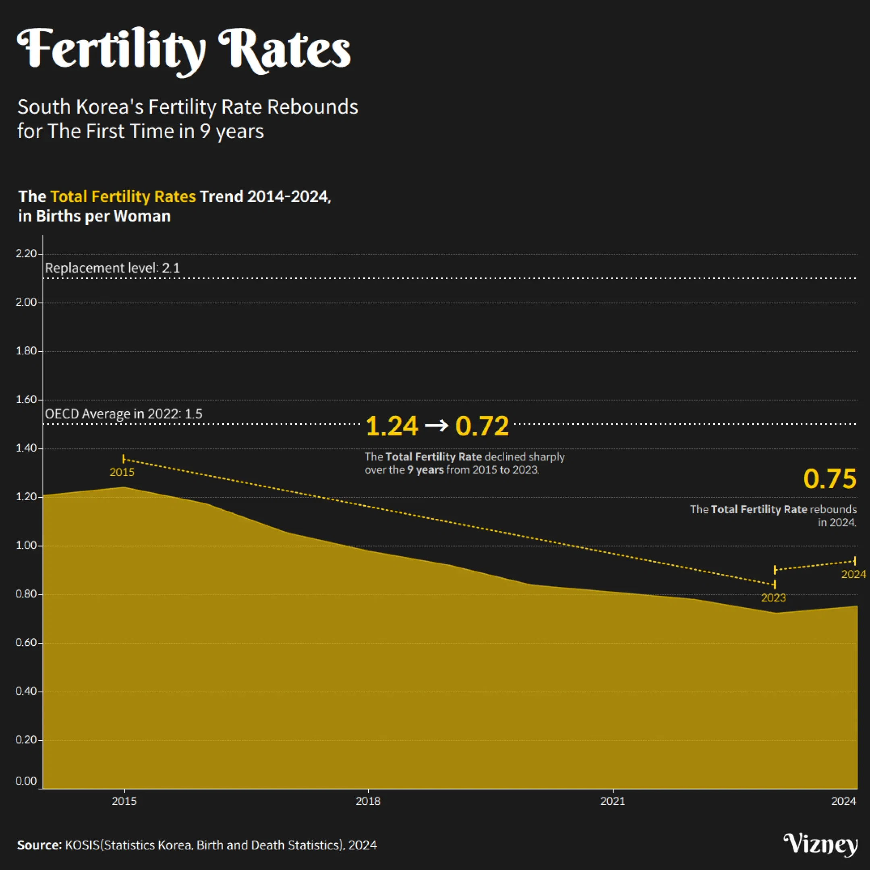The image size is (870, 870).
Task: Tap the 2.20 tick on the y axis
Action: (x=26, y=253)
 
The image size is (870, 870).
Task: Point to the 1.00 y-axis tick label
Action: (x=26, y=545)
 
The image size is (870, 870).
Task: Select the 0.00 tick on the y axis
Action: (x=26, y=781)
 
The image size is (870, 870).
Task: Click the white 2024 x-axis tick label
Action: (x=843, y=801)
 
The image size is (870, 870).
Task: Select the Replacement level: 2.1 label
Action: (x=113, y=268)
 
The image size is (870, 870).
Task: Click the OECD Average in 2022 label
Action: (x=124, y=414)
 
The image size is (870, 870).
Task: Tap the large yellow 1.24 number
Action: (x=392, y=426)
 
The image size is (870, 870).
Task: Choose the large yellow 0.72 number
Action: (x=482, y=426)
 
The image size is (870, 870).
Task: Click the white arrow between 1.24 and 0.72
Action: (x=437, y=425)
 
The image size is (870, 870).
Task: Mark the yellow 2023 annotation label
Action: (x=773, y=598)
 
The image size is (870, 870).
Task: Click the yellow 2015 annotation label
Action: (x=122, y=472)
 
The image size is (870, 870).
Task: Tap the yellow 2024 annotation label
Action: (x=853, y=574)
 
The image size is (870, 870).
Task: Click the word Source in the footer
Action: (x=39, y=845)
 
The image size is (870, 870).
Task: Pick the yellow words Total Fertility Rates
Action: (x=123, y=197)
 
